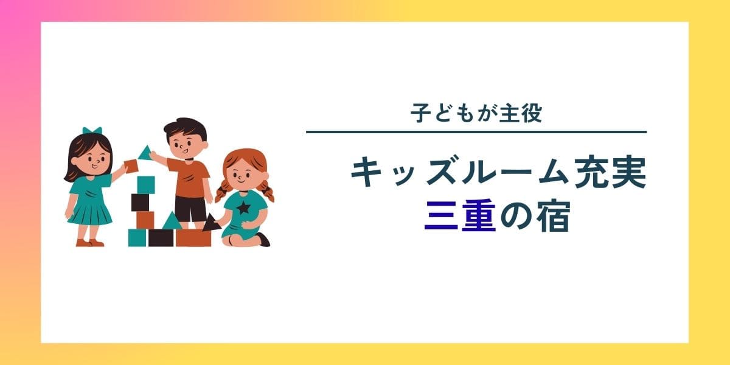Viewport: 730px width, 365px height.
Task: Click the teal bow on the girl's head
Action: [x=92, y=130]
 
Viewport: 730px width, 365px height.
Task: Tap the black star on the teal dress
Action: [x=243, y=207]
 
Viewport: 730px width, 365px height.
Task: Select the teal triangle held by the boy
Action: [x=145, y=153]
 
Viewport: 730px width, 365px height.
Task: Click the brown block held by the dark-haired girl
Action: [x=131, y=165]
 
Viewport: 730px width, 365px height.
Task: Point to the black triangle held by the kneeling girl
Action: [x=211, y=223]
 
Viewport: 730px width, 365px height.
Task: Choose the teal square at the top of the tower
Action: [x=146, y=185]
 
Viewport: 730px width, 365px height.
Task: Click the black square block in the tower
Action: [x=140, y=203]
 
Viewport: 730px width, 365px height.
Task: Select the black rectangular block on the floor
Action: [x=161, y=238]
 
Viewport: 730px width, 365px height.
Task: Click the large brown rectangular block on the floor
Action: [x=193, y=238]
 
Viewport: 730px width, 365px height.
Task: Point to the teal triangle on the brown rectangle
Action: [x=172, y=221]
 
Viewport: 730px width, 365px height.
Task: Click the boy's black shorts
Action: [x=190, y=209]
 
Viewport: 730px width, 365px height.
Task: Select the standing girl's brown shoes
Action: [x=90, y=243]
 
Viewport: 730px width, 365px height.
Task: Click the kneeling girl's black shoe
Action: [x=263, y=239]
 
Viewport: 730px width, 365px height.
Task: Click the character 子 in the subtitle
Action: [x=421, y=113]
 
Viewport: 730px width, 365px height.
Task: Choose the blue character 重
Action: [x=479, y=216]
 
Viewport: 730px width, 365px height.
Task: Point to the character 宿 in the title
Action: [x=554, y=216]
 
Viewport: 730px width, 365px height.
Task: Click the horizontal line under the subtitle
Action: [x=476, y=132]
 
